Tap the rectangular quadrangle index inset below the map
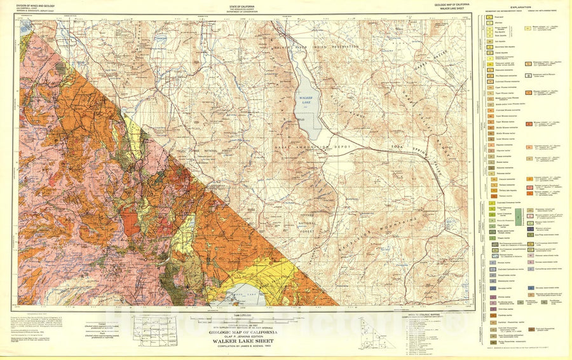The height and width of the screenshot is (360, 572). point(153,328)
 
